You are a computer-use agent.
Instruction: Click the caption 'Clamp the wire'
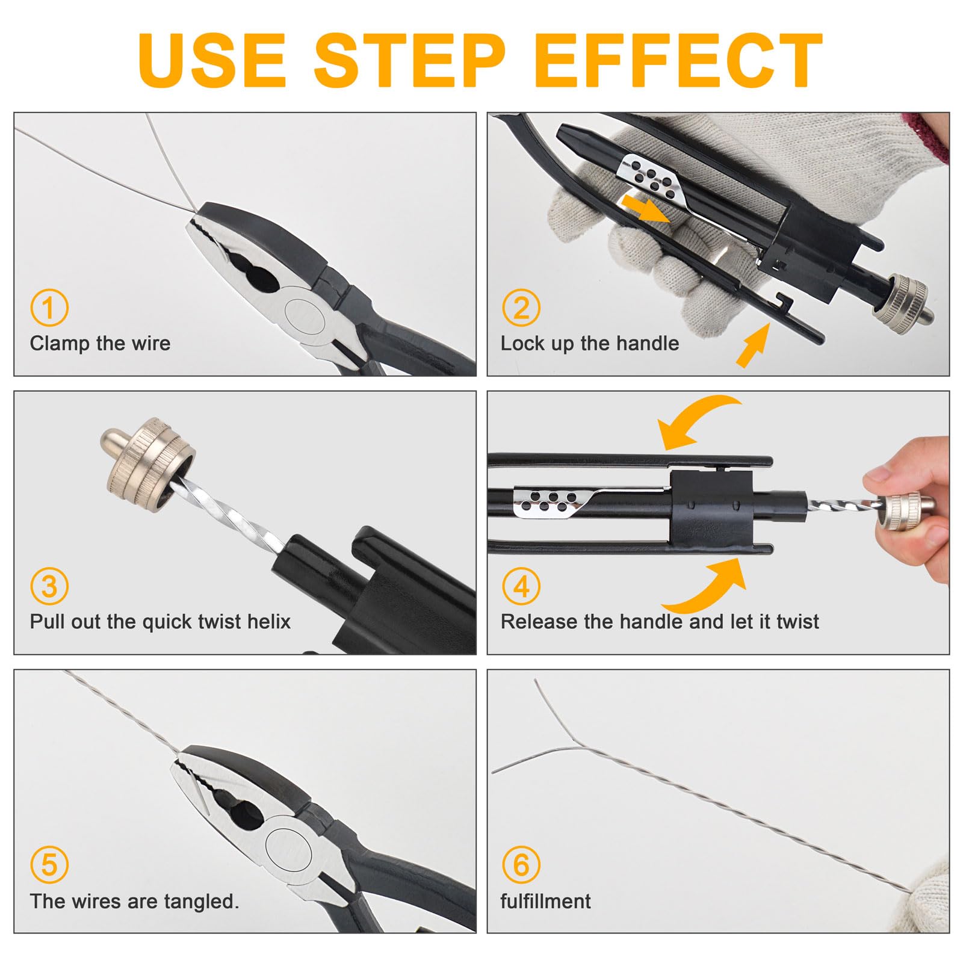pyautogui.click(x=100, y=344)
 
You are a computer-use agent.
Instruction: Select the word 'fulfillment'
pyautogui.click(x=545, y=901)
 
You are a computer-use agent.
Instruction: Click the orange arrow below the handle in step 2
pyautogui.click(x=752, y=344)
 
